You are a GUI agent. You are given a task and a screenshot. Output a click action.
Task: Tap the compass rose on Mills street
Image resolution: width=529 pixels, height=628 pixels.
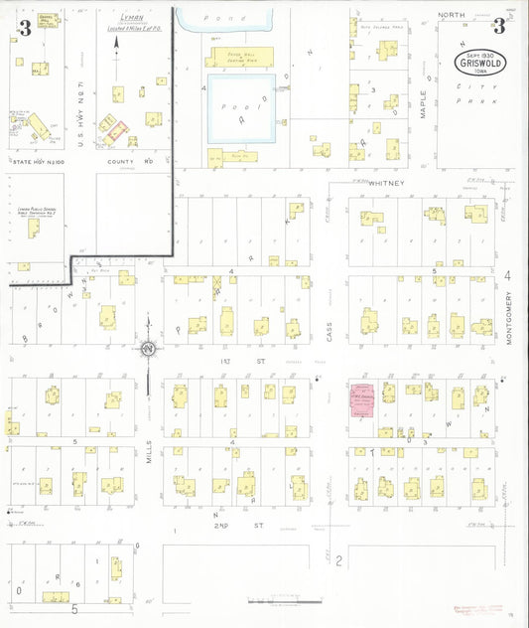point(148,348)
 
